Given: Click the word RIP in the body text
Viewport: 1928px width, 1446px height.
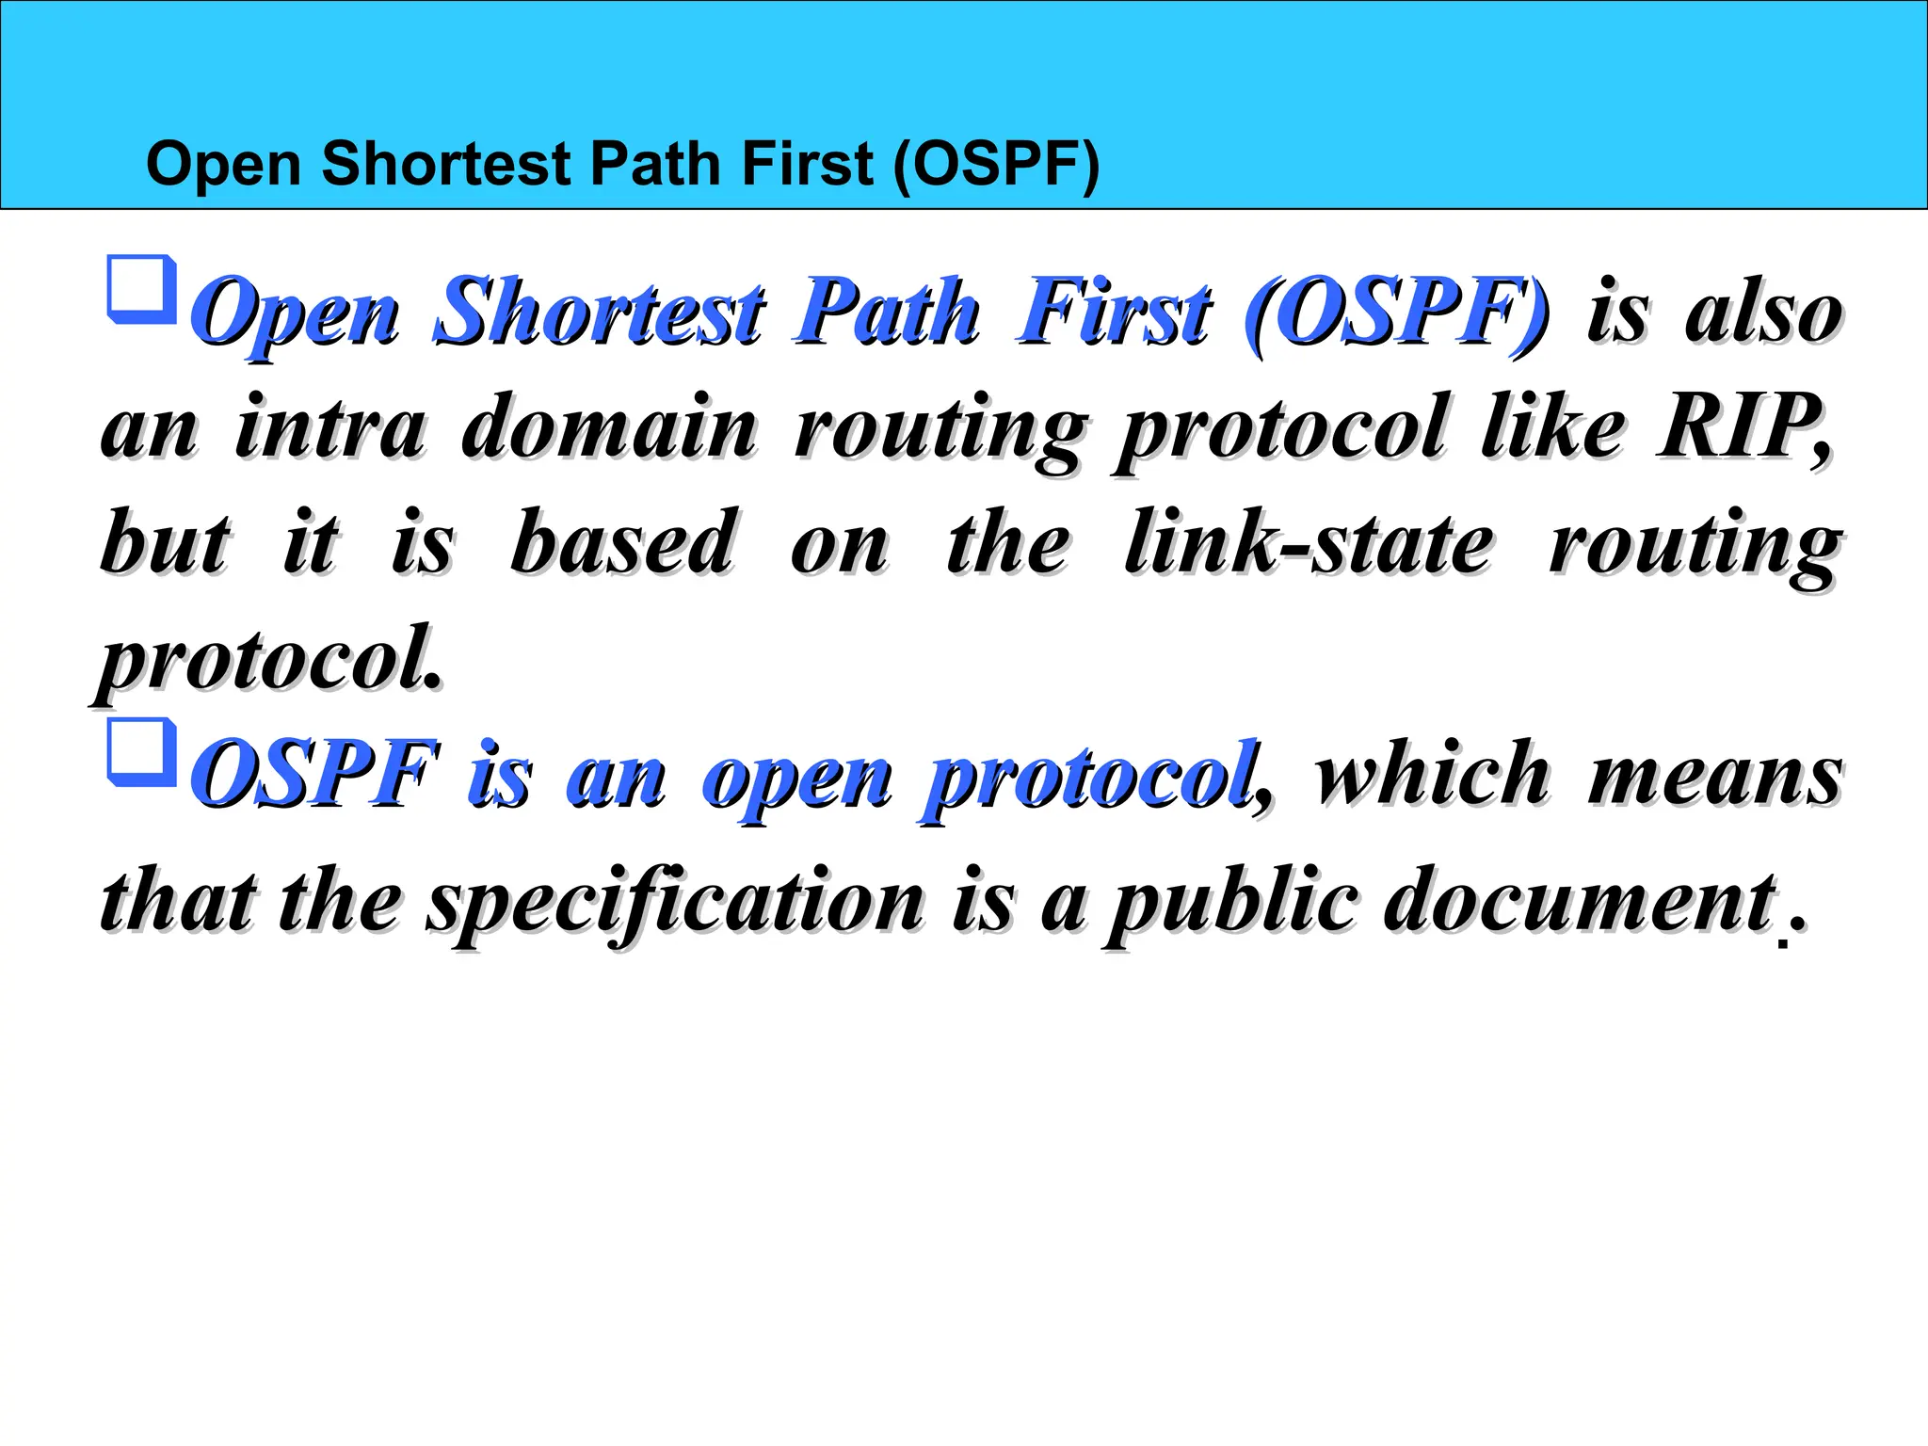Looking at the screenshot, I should (x=1742, y=427).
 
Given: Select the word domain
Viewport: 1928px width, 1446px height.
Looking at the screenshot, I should (x=608, y=427).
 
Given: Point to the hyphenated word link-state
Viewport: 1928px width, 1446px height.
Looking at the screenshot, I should (x=1309, y=543).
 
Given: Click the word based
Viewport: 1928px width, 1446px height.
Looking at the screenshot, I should (x=623, y=543).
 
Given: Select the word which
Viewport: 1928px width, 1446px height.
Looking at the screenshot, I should (x=1431, y=774).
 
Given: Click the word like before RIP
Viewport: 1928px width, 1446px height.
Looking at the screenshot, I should (x=1553, y=427).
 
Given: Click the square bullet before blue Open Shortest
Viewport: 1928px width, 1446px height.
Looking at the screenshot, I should (x=142, y=288).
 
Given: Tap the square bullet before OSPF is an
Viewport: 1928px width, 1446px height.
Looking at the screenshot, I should (x=142, y=751).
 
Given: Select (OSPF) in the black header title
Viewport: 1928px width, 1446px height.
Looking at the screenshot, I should (x=996, y=165).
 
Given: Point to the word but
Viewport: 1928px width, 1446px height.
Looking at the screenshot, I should (x=165, y=543).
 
